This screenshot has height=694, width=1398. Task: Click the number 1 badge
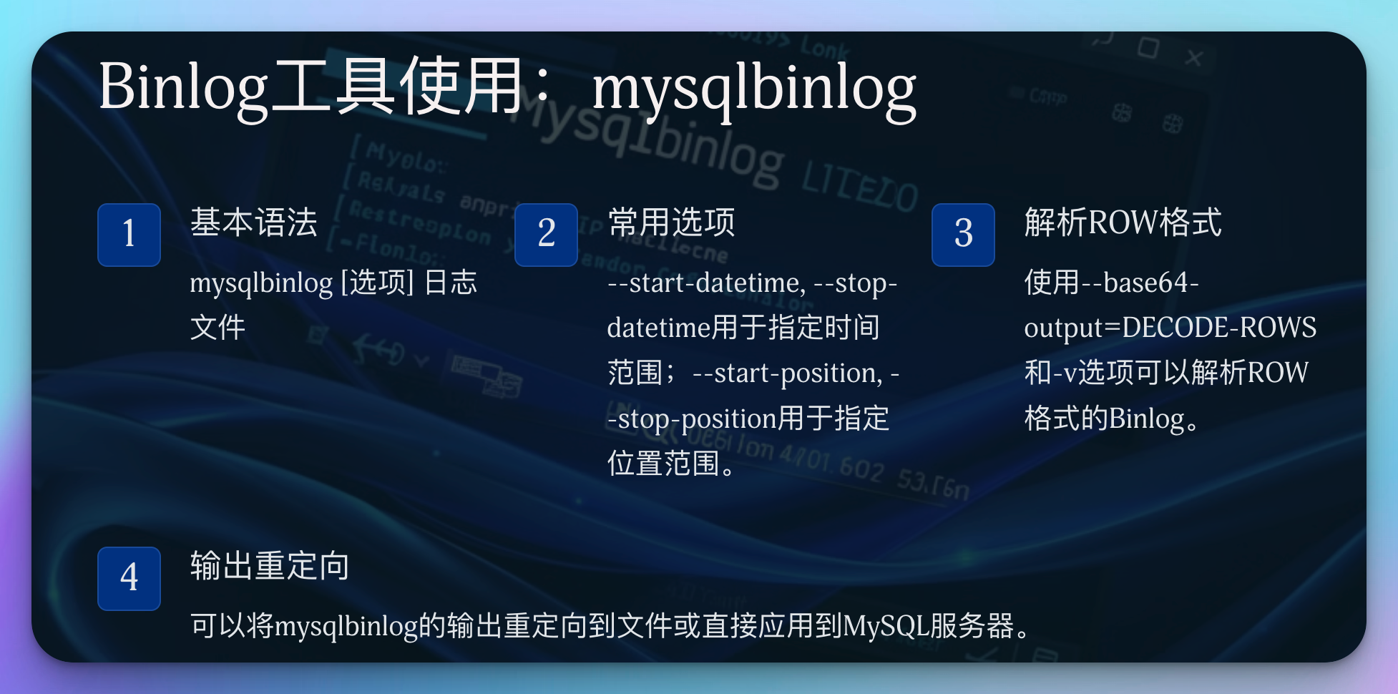[x=129, y=235]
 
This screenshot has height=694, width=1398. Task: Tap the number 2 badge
[x=546, y=235]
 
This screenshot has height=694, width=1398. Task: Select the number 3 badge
[x=963, y=235]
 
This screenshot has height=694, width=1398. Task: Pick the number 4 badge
[x=129, y=578]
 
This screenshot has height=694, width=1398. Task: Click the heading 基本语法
[x=253, y=222]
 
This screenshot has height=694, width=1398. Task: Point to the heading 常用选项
[x=671, y=222]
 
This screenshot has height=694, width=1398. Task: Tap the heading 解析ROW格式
[x=1123, y=222]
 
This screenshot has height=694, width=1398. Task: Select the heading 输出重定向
[x=270, y=565]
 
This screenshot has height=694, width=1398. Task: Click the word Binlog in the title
[x=183, y=88]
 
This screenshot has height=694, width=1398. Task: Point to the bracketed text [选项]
[x=378, y=283]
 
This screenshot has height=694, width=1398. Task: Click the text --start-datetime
[x=706, y=283]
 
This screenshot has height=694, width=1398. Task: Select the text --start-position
[x=787, y=373]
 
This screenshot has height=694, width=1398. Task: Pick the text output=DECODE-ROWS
[x=1170, y=328]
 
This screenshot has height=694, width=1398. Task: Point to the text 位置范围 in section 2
[x=663, y=464]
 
